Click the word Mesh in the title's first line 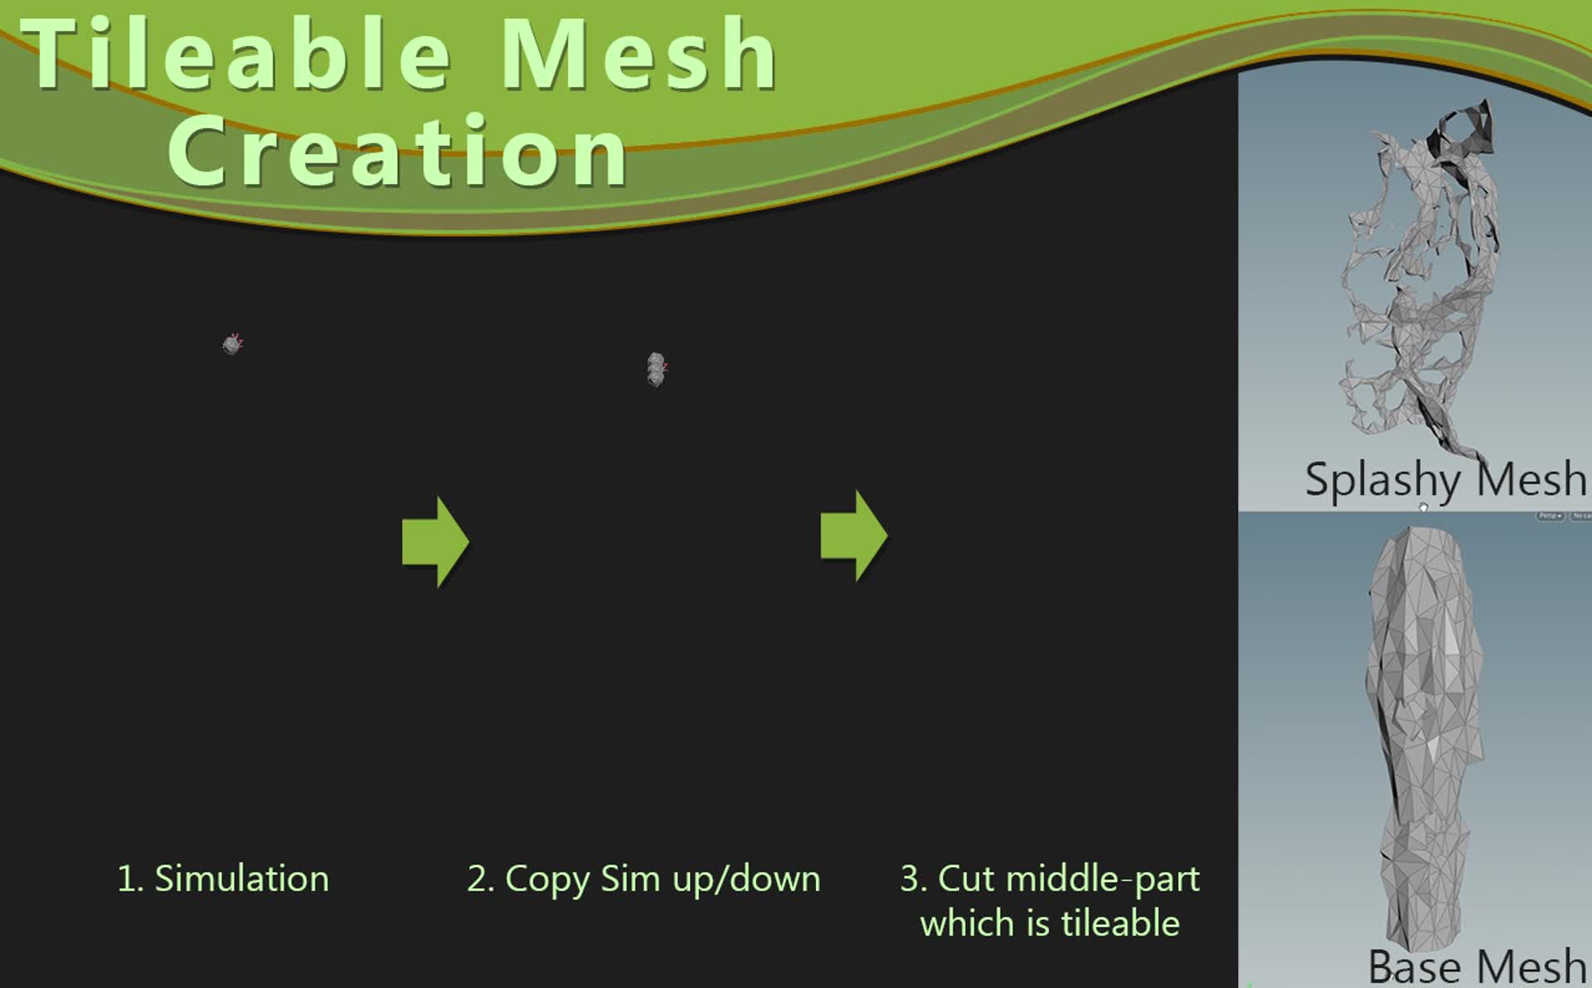[638, 56]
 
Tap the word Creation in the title [398, 153]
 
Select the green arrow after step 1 [435, 542]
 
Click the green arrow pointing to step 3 [854, 535]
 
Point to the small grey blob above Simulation [232, 344]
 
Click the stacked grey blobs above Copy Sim [656, 369]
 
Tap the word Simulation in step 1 [242, 879]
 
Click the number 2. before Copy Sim [481, 879]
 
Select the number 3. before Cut [914, 879]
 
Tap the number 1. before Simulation [129, 879]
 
